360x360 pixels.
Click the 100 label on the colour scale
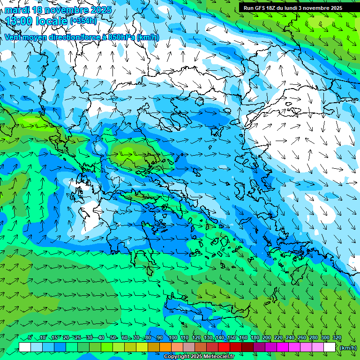pyautogui.click(x=172, y=338)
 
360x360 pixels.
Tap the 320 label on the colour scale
pyautogui.click(x=337, y=338)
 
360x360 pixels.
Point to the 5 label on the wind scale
pyautogui.click(x=30, y=338)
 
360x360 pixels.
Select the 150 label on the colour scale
pyautogui.click(x=231, y=338)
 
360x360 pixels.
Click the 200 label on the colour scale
pyautogui.click(x=267, y=338)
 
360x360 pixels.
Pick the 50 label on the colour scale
pyautogui.click(x=113, y=338)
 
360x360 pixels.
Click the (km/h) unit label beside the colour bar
pyautogui.click(x=347, y=347)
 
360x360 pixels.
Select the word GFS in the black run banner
pyautogui.click(x=261, y=8)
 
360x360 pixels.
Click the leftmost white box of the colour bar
pyautogui.click(x=25, y=347)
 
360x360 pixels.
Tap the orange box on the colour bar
pyautogui.click(x=165, y=347)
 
